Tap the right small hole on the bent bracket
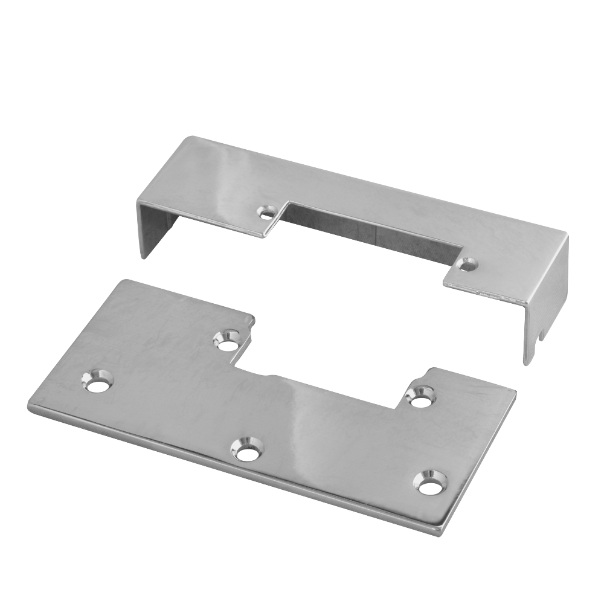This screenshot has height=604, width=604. click(x=467, y=264)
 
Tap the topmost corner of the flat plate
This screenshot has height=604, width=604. click(x=124, y=280)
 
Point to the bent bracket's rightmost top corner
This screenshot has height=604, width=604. click(x=568, y=236)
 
